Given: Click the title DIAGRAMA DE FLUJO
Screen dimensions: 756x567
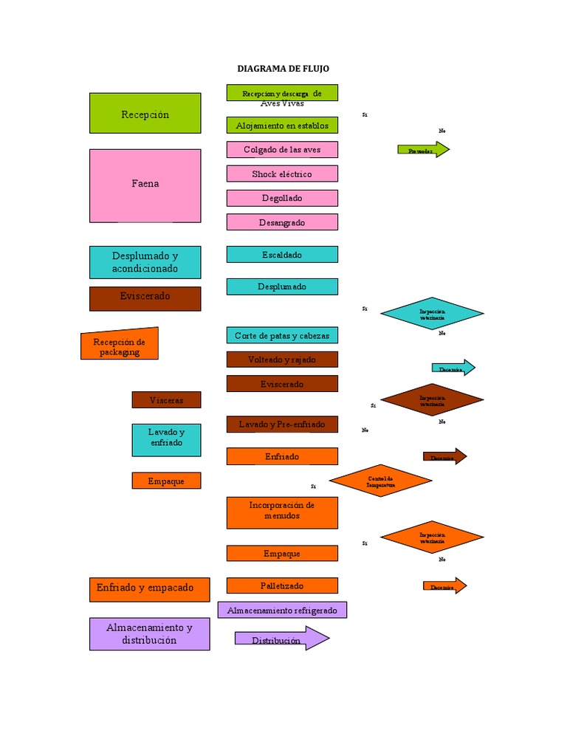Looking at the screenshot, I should (283, 69).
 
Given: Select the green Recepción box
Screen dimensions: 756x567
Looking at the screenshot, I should (145, 113).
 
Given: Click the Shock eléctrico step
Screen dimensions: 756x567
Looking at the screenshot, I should (282, 173).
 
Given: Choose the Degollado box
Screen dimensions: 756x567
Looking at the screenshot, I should (282, 198).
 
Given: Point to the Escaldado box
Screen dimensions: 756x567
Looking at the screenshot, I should (282, 254).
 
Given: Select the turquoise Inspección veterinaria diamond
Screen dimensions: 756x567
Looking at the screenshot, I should (432, 313).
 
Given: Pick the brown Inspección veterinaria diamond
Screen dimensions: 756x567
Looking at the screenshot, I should (432, 400).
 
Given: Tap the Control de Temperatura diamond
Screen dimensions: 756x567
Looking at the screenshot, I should (380, 481).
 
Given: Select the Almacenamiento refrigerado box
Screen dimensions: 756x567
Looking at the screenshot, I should (282, 610).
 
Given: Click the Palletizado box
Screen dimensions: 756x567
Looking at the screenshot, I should (282, 585).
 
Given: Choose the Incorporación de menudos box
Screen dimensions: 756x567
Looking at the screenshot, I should (282, 512).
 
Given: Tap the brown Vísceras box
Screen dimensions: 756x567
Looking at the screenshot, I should (166, 399).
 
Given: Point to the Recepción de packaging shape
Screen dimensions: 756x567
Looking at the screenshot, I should (120, 344).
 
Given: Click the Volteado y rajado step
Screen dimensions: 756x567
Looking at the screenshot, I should (282, 360).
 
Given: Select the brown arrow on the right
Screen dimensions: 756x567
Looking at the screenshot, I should (444, 456).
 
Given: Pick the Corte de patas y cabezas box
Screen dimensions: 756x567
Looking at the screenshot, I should (282, 335).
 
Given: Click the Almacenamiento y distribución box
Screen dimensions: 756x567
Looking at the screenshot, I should (149, 633).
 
